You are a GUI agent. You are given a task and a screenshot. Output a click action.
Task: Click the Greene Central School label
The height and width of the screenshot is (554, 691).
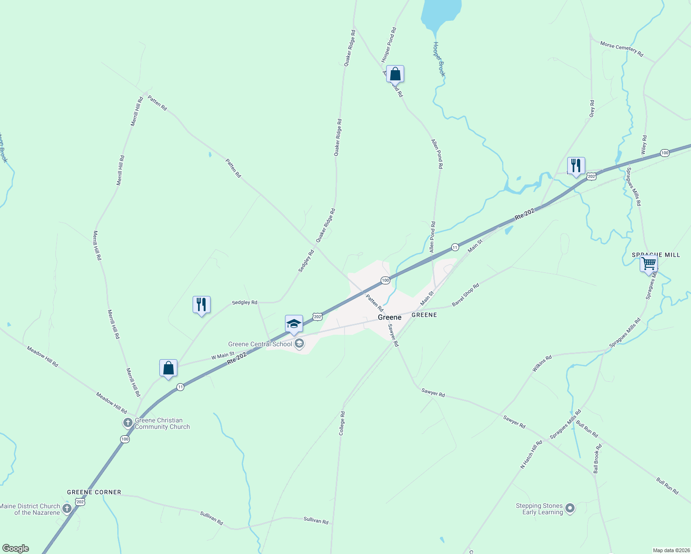tap(260, 344)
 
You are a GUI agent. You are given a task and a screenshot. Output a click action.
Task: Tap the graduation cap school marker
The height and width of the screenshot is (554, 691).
tap(294, 324)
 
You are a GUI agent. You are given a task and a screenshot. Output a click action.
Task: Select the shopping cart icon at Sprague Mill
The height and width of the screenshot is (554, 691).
tap(649, 264)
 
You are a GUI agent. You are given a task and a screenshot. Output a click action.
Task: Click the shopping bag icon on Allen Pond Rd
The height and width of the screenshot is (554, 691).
tap(395, 74)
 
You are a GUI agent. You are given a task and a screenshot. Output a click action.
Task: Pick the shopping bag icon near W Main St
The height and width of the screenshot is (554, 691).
tap(168, 368)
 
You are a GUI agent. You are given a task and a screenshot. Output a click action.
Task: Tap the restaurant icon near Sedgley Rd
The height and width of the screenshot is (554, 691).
tap(201, 305)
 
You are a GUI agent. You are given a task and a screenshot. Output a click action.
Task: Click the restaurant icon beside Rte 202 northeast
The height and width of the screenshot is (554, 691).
tap(576, 166)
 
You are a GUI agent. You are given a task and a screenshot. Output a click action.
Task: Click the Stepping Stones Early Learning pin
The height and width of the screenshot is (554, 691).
tap(570, 508)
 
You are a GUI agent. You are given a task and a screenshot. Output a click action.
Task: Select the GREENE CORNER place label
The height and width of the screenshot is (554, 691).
tap(94, 492)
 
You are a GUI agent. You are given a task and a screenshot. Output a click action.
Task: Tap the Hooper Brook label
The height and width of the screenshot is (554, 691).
tap(439, 59)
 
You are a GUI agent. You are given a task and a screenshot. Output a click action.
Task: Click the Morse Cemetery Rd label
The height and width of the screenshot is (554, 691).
tap(621, 49)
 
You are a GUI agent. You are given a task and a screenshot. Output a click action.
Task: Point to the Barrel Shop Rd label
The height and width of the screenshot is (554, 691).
tap(466, 295)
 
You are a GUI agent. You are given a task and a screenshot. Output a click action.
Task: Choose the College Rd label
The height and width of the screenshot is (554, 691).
tap(342, 423)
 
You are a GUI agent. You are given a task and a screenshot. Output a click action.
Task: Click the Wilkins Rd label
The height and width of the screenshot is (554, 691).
tap(542, 364)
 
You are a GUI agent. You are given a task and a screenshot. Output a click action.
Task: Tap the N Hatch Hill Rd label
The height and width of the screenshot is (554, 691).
tap(531, 455)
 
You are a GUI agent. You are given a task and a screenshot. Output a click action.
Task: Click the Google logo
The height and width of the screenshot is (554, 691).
tap(16, 548)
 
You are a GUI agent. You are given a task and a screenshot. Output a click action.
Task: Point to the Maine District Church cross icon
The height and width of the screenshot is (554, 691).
tap(67, 509)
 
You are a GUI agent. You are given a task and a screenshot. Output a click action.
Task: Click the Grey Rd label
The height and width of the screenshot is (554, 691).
tap(592, 108)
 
